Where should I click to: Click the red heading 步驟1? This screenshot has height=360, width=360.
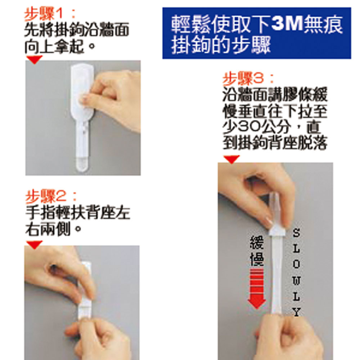[x=44, y=14]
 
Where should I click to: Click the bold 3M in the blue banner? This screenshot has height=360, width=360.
[x=287, y=24]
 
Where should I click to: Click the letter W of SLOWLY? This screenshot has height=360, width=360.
[x=296, y=281]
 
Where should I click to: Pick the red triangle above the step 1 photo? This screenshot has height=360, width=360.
[x=35, y=59]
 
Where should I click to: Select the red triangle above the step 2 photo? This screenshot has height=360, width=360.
[x=35, y=244]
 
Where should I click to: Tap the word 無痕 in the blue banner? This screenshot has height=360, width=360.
[x=323, y=24]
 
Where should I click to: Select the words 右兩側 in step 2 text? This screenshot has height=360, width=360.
[x=48, y=229]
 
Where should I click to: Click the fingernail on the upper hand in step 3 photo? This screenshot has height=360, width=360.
[x=269, y=221]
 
